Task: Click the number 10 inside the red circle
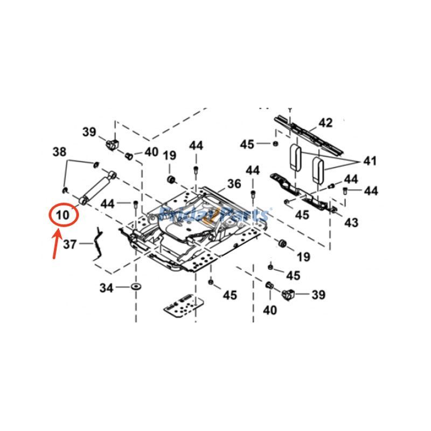pos(63,215)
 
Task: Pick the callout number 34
pos(106,288)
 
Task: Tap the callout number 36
pos(234,184)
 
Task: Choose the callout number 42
pos(325,123)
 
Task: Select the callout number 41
pos(370,161)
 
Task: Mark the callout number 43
pos(351,222)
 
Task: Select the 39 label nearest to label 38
pos(89,132)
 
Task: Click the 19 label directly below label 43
pos(303,257)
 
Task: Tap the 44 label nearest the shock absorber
pos(109,203)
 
